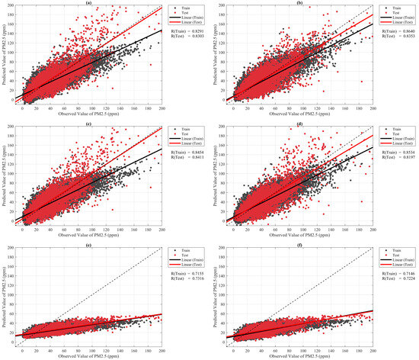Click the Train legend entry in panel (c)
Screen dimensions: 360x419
[185, 127]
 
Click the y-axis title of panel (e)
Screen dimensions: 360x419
[5, 294]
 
